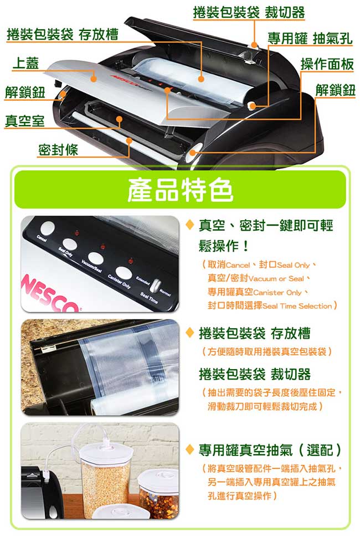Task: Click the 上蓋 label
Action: pyautogui.click(x=25, y=63)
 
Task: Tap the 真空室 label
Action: pyautogui.click(x=25, y=121)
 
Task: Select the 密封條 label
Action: pyautogui.click(x=58, y=150)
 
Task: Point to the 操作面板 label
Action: pyautogui.click(x=327, y=64)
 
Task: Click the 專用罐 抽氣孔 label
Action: pyautogui.click(x=310, y=38)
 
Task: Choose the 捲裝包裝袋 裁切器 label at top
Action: pyautogui.click(x=249, y=13)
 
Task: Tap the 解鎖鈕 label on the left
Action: pyautogui.click(x=25, y=92)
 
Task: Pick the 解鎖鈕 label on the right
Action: pyautogui.click(x=335, y=90)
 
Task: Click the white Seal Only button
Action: pyautogui.click(x=70, y=244)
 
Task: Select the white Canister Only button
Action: pyautogui.click(x=124, y=273)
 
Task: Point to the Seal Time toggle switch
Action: pyautogui.click(x=156, y=284)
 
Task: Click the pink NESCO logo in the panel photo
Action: pyautogui.click(x=49, y=295)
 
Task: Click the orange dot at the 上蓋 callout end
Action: pyautogui.click(x=93, y=79)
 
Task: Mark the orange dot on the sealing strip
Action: pyautogui.click(x=129, y=141)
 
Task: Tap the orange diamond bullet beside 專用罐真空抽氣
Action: pyautogui.click(x=189, y=450)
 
